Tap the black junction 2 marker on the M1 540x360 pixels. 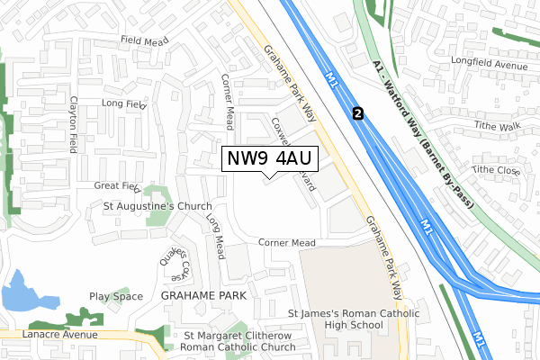(359, 113)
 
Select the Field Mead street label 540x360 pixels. (145, 40)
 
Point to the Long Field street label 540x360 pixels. (124, 104)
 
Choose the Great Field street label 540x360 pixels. (118, 186)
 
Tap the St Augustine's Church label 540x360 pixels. (157, 206)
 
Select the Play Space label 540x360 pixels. (116, 296)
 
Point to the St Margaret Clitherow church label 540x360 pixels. (238, 341)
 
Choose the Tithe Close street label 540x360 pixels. (496, 170)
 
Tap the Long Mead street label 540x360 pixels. (213, 236)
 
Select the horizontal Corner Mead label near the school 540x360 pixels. (286, 243)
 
